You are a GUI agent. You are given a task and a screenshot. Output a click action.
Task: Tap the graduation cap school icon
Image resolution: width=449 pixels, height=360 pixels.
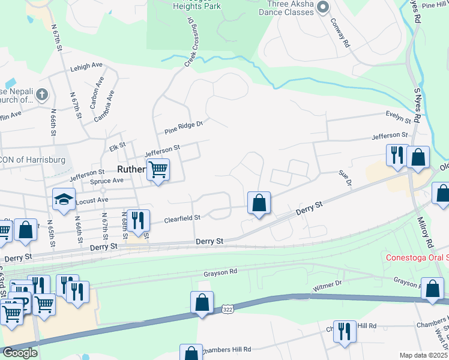point(64,200)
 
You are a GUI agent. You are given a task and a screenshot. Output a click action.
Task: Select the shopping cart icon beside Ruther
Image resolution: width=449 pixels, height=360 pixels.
point(158,169)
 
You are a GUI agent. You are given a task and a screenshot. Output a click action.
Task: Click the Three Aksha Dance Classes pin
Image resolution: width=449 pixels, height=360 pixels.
point(324,7)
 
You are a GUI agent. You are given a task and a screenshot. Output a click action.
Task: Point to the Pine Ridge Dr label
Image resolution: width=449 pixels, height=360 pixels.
point(184,127)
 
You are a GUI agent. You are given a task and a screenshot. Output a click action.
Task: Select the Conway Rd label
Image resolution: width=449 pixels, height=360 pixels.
point(339,33)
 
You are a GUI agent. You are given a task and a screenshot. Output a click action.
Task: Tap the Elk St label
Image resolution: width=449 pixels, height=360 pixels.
point(117,145)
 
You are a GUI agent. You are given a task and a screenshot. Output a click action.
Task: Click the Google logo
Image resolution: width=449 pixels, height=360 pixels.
point(20,352)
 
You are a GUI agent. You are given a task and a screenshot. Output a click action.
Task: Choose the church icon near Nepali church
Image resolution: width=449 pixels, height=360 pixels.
point(41,94)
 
